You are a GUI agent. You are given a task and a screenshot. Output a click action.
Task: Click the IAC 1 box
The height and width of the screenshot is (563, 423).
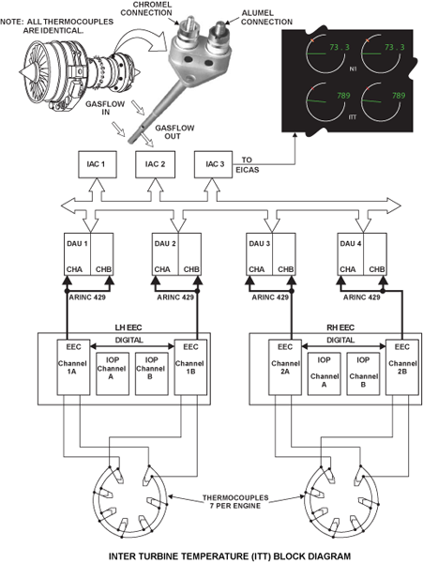98,164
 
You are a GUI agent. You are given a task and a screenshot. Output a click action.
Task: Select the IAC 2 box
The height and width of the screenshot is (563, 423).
155,164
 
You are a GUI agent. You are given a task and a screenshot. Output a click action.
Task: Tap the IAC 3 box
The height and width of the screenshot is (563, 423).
213,164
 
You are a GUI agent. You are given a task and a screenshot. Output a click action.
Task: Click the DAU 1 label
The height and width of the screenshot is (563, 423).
77,243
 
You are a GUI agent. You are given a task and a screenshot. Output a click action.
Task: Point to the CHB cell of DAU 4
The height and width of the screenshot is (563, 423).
375,254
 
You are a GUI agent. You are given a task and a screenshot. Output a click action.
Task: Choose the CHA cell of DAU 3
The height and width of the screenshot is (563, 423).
260,254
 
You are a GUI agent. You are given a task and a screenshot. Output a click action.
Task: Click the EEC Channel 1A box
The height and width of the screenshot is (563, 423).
73,367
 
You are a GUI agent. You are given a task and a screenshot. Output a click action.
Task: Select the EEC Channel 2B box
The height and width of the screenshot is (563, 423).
402,367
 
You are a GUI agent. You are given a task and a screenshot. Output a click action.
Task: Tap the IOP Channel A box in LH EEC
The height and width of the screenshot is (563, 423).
113,373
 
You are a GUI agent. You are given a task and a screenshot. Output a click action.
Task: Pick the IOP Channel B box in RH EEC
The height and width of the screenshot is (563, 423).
363,373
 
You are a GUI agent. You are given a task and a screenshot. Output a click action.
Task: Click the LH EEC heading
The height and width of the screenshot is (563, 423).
128,327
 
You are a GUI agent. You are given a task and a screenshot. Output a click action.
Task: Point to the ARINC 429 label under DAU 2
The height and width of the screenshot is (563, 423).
175,297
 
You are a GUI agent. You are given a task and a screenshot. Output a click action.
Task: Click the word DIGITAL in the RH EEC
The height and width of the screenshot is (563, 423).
340,340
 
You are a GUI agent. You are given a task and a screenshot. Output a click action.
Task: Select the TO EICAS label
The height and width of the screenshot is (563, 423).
248,165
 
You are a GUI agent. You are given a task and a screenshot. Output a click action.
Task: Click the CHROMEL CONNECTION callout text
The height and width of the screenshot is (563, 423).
146,9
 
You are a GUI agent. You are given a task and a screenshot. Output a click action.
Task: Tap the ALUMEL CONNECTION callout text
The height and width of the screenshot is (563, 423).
266,17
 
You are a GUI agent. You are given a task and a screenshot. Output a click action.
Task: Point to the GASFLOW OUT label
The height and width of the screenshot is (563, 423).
174,132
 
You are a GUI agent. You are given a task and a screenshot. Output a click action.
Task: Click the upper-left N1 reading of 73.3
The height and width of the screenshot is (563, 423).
340,47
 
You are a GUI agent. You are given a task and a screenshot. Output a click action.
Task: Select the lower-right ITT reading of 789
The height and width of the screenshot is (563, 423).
399,96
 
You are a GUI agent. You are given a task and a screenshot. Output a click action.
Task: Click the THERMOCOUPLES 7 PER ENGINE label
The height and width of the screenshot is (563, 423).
235,502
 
